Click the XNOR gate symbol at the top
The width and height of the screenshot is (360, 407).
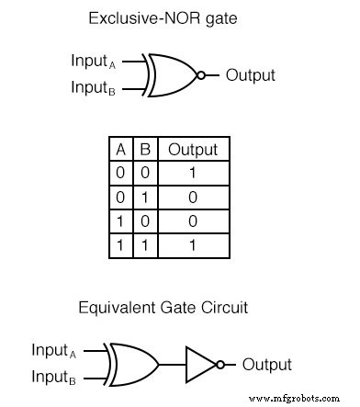pyautogui.click(x=172, y=74)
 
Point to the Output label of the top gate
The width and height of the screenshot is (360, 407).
pyautogui.click(x=250, y=74)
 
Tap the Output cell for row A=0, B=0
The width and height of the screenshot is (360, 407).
pyautogui.click(x=192, y=172)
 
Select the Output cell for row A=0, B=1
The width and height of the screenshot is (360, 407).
pyautogui.click(x=192, y=195)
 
